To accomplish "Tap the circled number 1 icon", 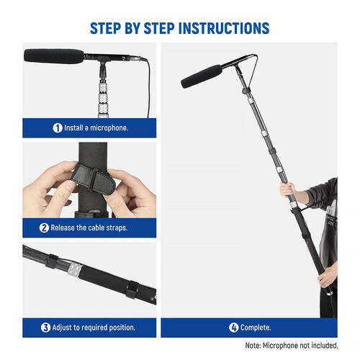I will click(58, 127).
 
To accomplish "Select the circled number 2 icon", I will click(45, 228).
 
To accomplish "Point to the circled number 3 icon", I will click(46, 328).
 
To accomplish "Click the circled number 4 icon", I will click(233, 328).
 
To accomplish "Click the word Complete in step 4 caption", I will click(256, 328).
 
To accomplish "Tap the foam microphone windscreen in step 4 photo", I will click(202, 76).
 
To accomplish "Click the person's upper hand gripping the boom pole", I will click(288, 190).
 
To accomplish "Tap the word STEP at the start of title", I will click(110, 29).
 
